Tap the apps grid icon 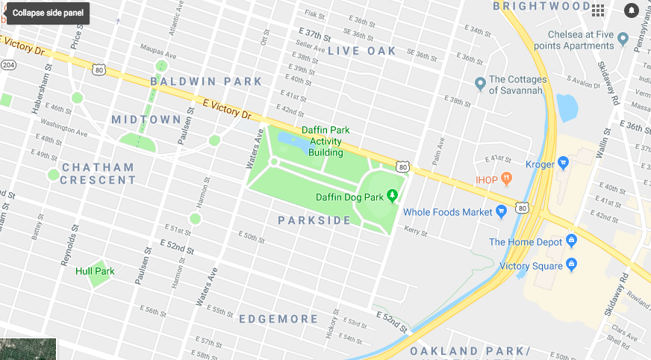click(x=598, y=10)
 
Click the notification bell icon click(x=632, y=10)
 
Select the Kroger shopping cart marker click(x=564, y=163)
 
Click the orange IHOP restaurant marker click(x=507, y=179)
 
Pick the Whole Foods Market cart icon click(x=502, y=211)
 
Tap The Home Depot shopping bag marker click(x=571, y=240)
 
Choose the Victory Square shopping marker click(x=571, y=264)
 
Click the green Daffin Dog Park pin click(x=392, y=196)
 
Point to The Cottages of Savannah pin click(x=480, y=83)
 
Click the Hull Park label click(x=95, y=271)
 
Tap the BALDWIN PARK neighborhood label click(x=207, y=81)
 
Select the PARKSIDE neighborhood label click(x=314, y=220)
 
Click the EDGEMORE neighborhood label click(x=278, y=319)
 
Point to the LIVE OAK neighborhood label click(x=362, y=51)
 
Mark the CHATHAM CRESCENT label click(x=98, y=173)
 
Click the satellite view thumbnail click(x=28, y=349)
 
